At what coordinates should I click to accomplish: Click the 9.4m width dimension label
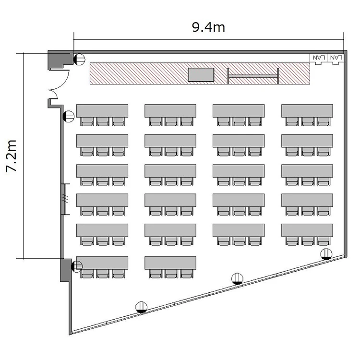[208, 27]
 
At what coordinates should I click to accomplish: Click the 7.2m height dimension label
[12, 156]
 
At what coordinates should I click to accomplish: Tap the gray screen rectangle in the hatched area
[201, 74]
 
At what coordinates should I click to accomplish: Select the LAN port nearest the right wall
[335, 59]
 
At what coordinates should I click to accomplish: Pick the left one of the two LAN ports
[318, 59]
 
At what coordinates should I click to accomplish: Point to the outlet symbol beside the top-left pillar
[79, 59]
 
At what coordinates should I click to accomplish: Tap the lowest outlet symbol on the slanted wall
[142, 307]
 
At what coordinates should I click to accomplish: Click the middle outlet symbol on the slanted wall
[238, 279]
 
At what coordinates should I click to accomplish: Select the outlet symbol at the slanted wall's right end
[326, 254]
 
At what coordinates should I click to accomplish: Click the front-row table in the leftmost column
[102, 111]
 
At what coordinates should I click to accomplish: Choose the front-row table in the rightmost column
[307, 111]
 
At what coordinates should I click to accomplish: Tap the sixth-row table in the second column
[170, 263]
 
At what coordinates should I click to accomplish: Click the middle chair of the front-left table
[103, 121]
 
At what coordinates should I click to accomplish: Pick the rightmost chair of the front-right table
[324, 121]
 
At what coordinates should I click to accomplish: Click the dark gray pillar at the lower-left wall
[66, 270]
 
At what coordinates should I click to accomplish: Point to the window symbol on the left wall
[65, 199]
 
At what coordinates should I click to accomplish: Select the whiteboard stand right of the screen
[253, 76]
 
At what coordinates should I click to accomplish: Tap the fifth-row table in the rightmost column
[307, 230]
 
